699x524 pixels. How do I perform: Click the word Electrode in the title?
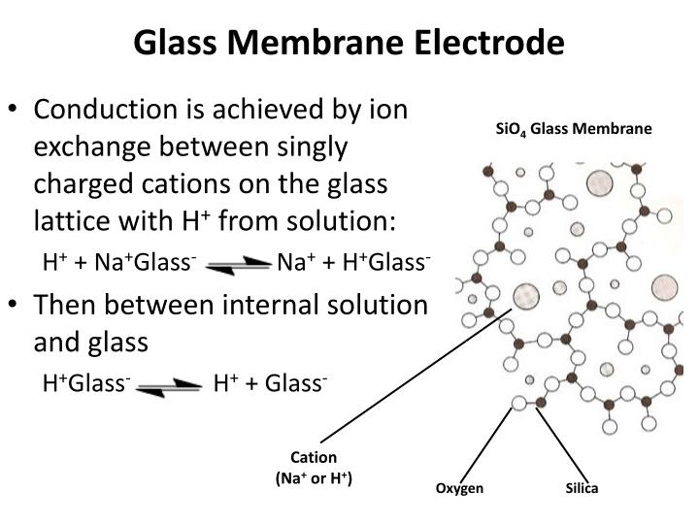tap(492, 44)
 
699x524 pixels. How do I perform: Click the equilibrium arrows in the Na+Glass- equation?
tap(236, 262)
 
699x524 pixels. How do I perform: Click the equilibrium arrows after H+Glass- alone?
tap(170, 384)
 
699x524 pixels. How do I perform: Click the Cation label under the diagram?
tap(314, 458)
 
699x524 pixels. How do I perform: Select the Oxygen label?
tap(459, 488)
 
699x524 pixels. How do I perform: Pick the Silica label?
tap(582, 488)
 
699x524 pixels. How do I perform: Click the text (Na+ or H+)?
tap(314, 477)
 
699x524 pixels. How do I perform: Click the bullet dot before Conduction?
tap(17, 109)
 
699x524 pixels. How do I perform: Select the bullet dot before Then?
tap(17, 306)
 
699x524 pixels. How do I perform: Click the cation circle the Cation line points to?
tap(527, 295)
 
